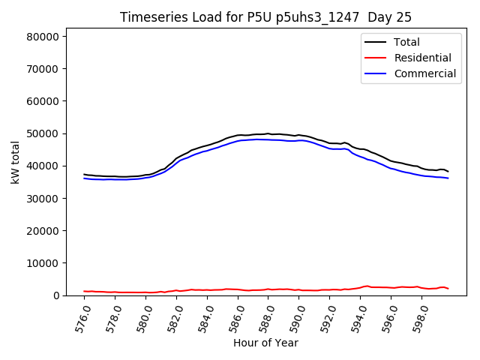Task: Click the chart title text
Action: [265, 17]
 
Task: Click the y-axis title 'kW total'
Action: [16, 163]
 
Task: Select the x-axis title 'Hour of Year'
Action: [265, 343]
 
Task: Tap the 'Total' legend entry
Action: [406, 42]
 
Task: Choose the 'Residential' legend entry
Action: [422, 58]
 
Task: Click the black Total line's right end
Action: [448, 171]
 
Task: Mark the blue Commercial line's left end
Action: [84, 178]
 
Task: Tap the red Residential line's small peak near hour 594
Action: [367, 286]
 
